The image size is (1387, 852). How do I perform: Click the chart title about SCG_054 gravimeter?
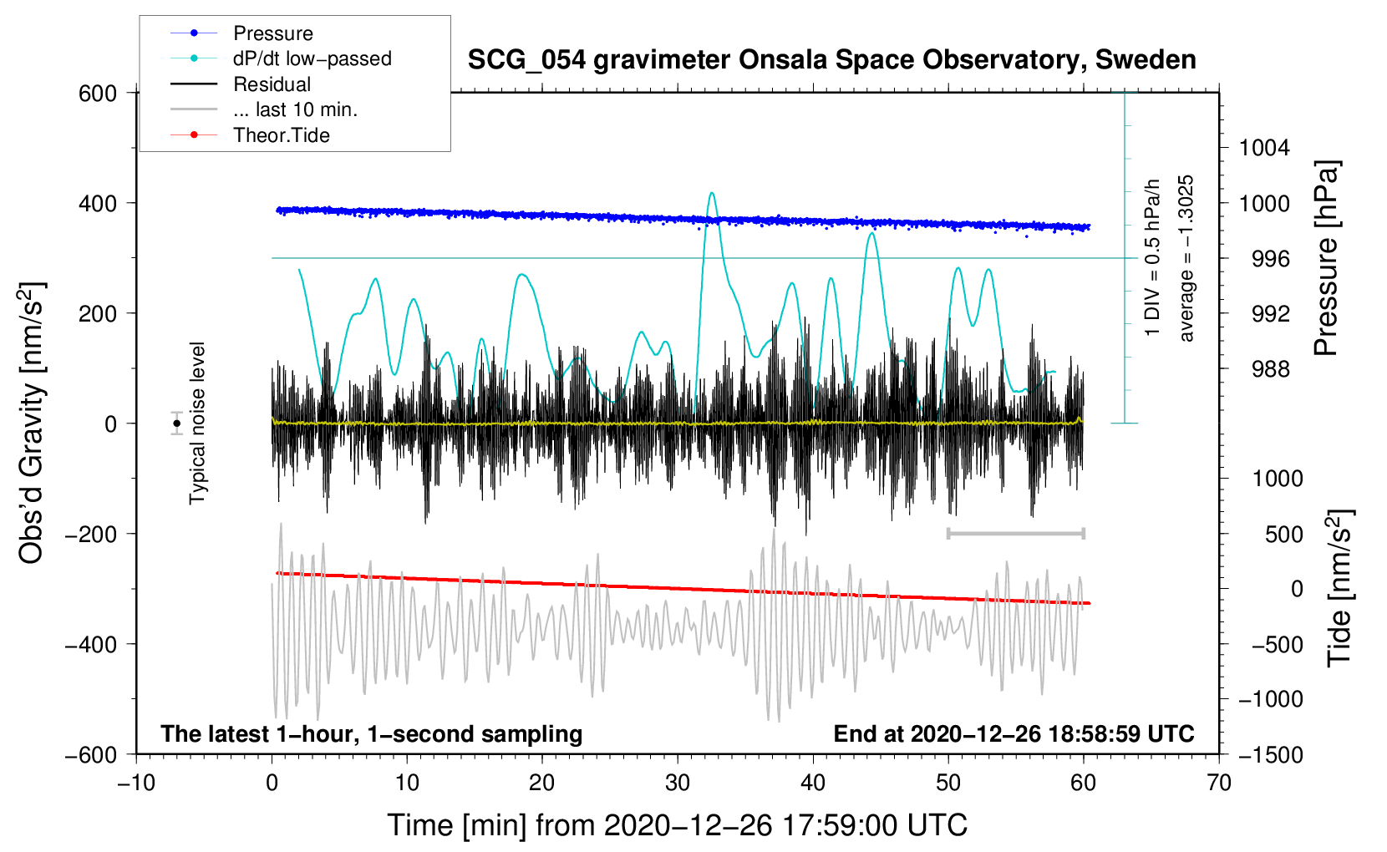click(x=831, y=60)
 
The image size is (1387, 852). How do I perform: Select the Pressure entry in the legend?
click(x=272, y=33)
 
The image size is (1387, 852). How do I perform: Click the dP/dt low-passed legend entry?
click(x=312, y=58)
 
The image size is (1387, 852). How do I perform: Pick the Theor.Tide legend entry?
click(x=281, y=135)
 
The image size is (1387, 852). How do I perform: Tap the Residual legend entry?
click(x=272, y=84)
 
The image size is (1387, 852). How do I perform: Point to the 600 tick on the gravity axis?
click(x=98, y=93)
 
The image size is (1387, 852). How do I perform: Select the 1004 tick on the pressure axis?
click(x=1264, y=148)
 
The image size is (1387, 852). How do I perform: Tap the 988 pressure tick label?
click(x=1270, y=368)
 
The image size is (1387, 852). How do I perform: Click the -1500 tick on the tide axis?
click(x=1270, y=754)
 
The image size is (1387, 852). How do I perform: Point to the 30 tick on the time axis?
click(x=678, y=783)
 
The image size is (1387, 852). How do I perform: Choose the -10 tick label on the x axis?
click(x=136, y=783)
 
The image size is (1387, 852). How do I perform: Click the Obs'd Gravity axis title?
click(x=32, y=423)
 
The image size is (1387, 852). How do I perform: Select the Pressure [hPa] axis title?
click(x=1327, y=258)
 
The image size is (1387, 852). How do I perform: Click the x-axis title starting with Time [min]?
click(x=677, y=825)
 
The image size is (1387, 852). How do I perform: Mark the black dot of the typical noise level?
click(x=176, y=423)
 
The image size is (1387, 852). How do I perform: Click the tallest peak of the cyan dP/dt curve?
click(x=712, y=194)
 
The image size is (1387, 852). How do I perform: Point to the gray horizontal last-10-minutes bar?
click(x=1015, y=533)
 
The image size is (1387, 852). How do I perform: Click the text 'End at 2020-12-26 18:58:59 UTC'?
click(x=1014, y=733)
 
